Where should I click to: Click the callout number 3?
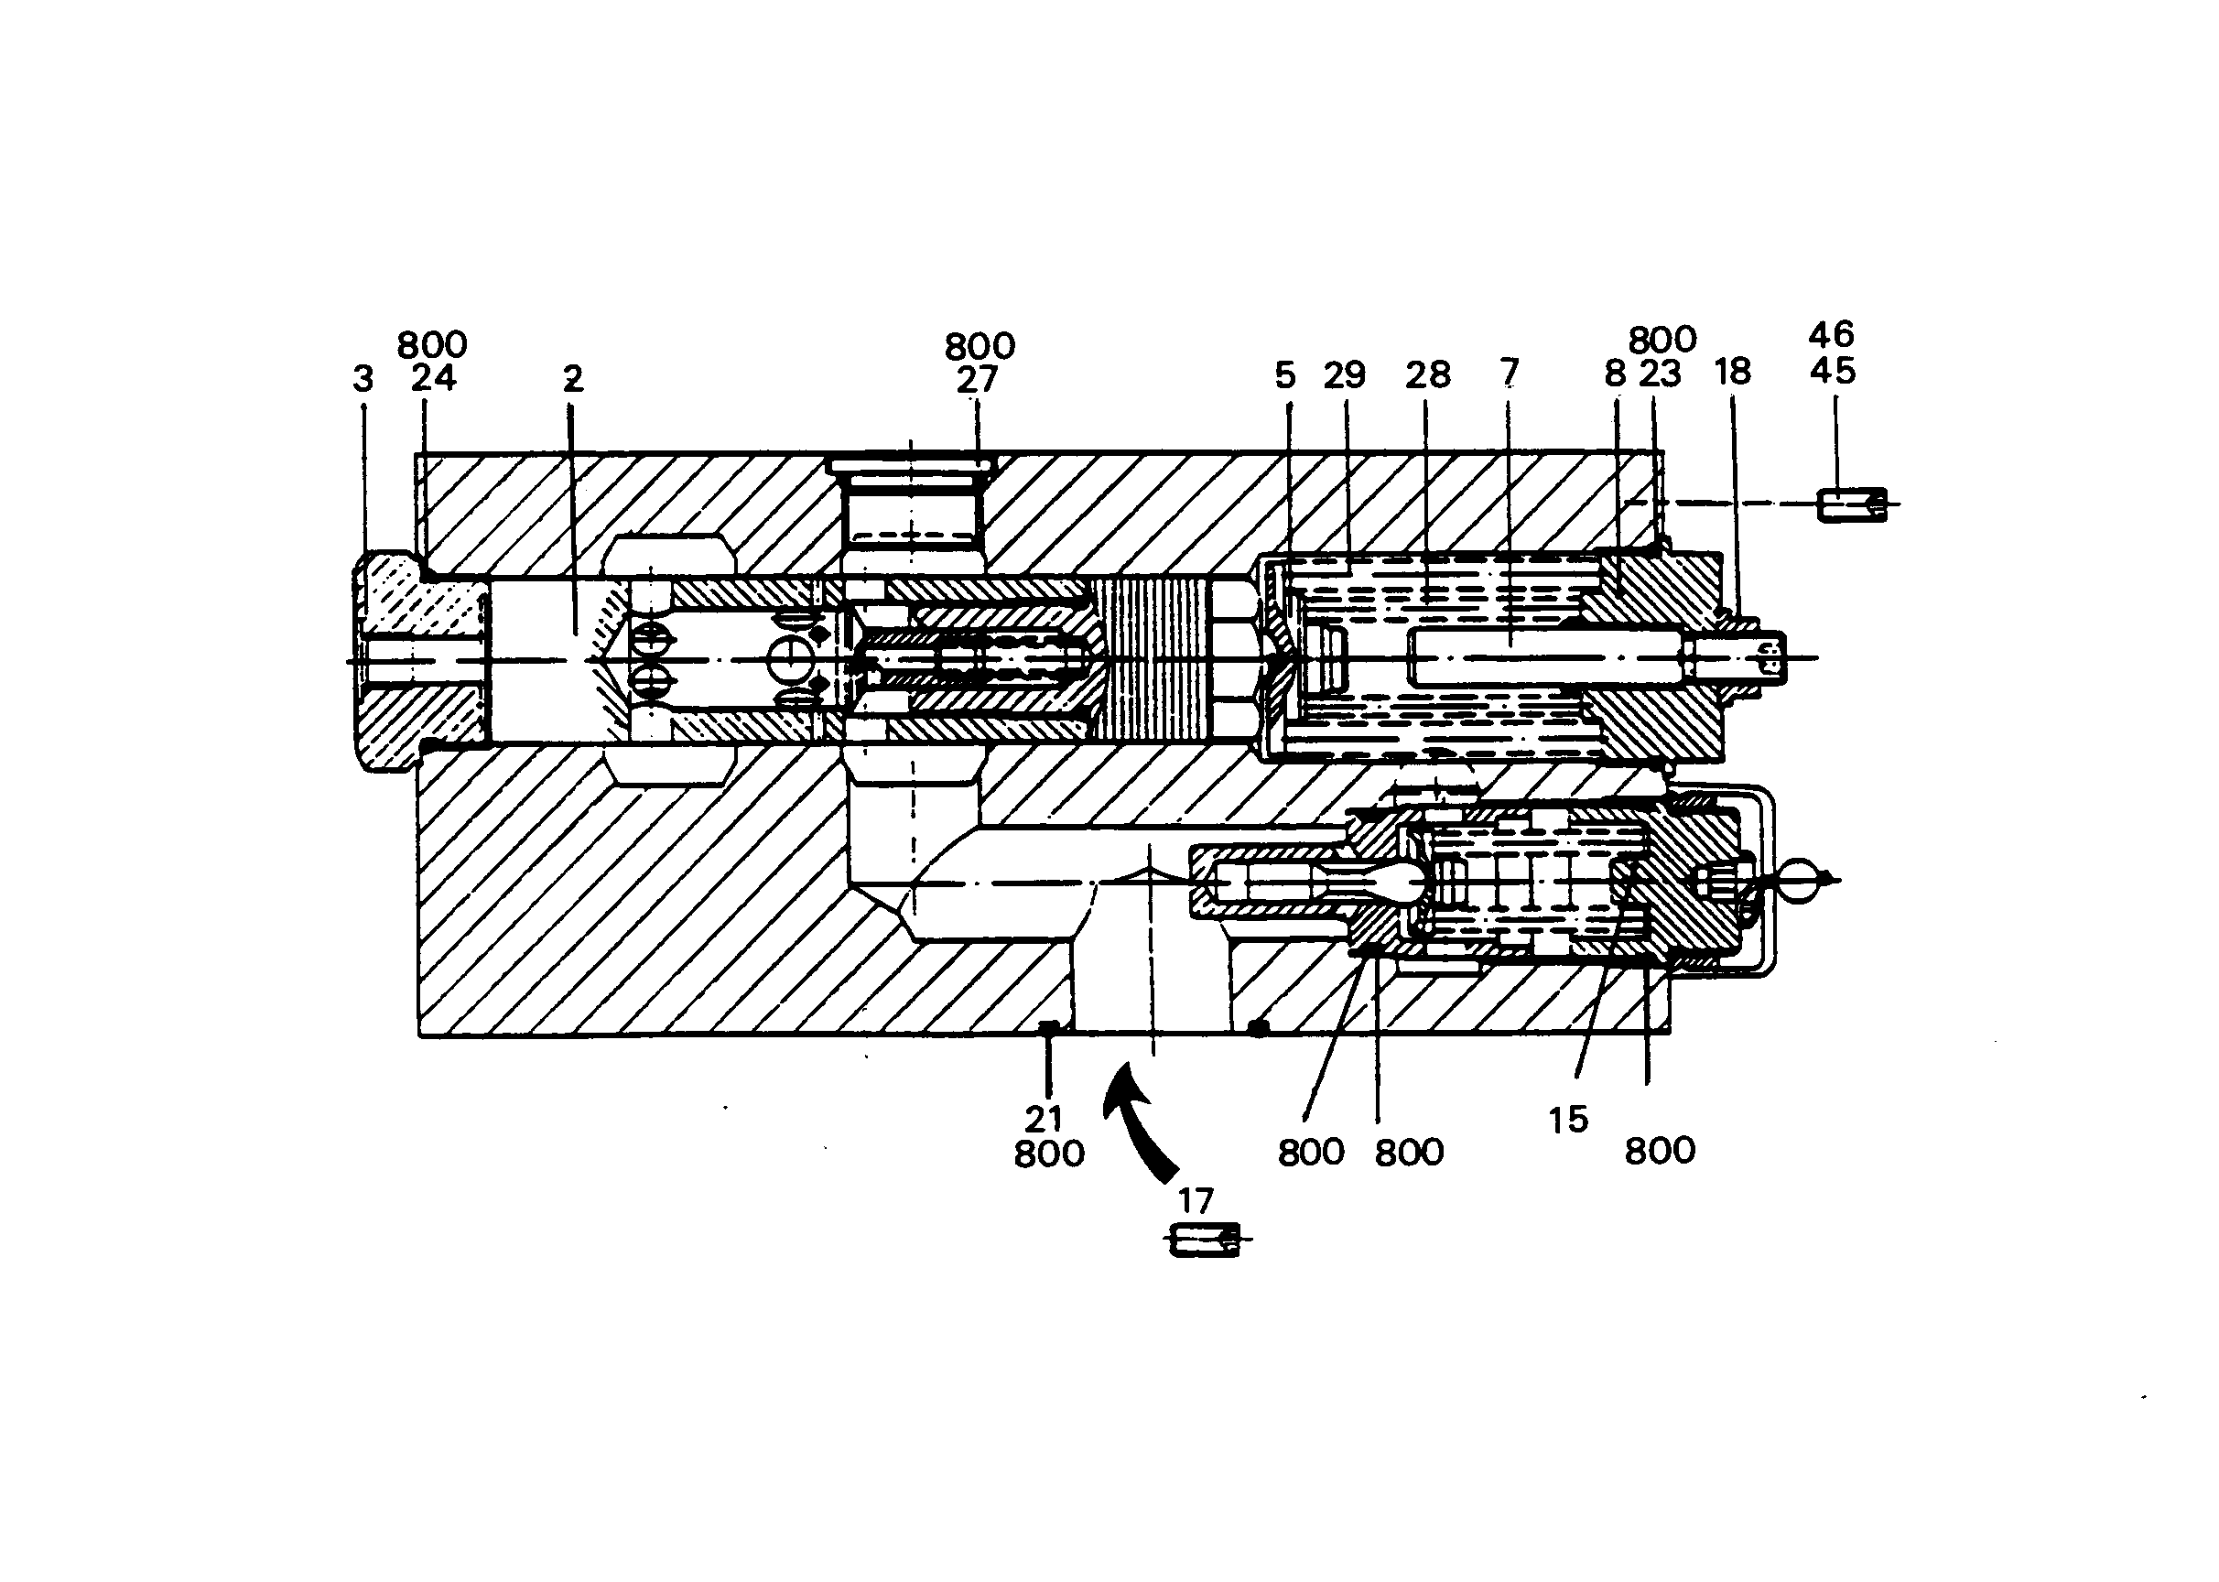[363, 379]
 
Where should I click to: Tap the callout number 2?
[573, 379]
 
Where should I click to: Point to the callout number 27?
[977, 380]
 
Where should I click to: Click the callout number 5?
[1286, 375]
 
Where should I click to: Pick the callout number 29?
[1346, 374]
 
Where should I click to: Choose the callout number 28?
[1428, 374]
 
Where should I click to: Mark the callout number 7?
[1509, 371]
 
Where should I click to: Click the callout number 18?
[1733, 371]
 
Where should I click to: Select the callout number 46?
[1831, 335]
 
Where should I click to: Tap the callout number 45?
[1833, 371]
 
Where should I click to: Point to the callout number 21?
[1044, 1119]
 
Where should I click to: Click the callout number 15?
[1568, 1121]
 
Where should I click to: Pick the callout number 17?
[1196, 1200]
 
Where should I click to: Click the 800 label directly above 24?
[432, 345]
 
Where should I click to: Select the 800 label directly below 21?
[1049, 1154]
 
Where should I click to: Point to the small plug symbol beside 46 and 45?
[1852, 504]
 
